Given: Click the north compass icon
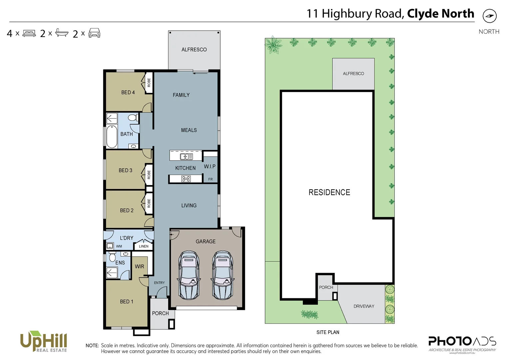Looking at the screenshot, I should pos(489,16).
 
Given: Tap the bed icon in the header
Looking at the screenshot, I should pos(29,33).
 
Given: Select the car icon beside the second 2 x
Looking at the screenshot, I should pos(94,33).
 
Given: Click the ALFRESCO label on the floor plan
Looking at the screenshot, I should pos(194,50).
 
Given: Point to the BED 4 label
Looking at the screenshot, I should pos(128,92).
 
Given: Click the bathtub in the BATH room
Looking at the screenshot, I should pos(112,137).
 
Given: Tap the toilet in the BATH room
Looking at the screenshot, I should pos(133,118).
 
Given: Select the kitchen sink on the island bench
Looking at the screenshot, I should pos(186,156).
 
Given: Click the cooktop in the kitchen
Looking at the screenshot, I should pos(186,179).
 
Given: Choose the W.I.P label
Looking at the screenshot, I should pos(210,166).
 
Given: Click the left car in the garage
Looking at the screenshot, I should pos(189,275).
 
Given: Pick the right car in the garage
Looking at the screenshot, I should pos(222,275).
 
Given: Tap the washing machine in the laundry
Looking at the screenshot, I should pos(110,246).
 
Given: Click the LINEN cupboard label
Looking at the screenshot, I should pos(144,246).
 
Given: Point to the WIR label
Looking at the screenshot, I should pos(139,266).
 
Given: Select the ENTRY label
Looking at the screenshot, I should pos(159,283).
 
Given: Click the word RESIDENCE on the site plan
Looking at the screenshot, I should pos(329,192).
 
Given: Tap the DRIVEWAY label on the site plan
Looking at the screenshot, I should pos(364,306).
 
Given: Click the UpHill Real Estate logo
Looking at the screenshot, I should pos(44,342).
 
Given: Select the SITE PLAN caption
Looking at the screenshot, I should pos(328,332).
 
